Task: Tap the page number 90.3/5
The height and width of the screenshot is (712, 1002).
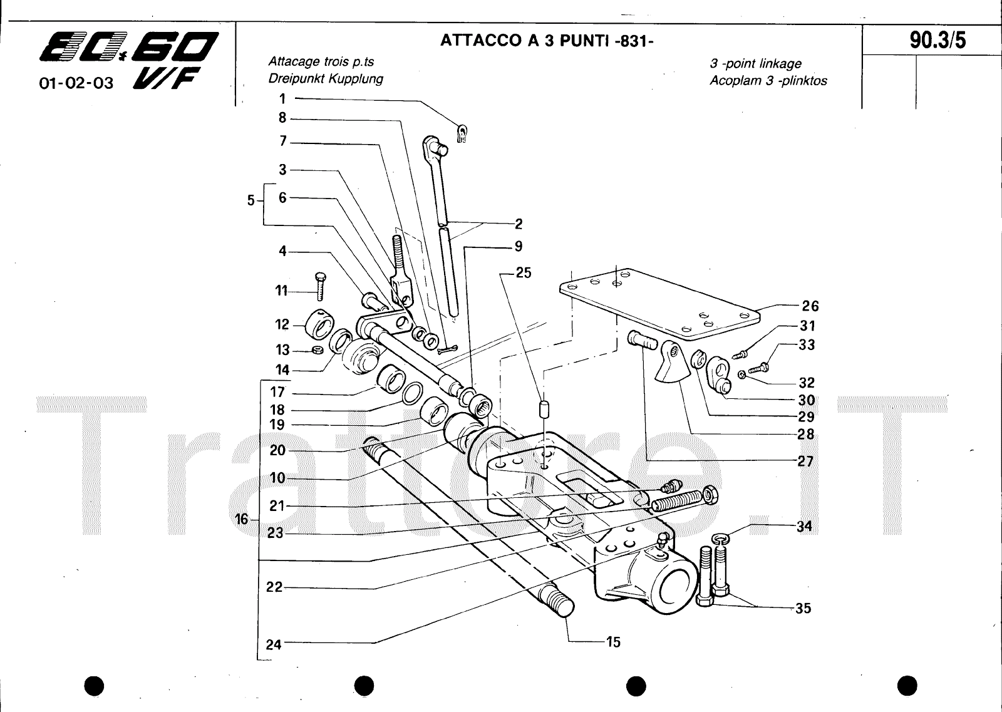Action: (x=937, y=40)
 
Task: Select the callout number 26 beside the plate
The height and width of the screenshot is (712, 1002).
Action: (x=810, y=306)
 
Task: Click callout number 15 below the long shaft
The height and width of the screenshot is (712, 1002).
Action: (x=612, y=642)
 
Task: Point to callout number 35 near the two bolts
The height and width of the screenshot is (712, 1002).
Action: (x=803, y=608)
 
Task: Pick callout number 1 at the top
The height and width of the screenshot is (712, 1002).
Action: (x=282, y=98)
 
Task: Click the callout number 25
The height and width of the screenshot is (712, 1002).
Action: (x=523, y=273)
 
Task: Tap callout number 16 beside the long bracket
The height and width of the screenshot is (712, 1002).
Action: (x=242, y=519)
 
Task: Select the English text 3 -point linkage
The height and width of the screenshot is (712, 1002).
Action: (x=755, y=64)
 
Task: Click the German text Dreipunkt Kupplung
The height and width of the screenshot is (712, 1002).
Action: (x=326, y=79)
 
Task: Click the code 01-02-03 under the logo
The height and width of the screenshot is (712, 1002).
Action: (x=76, y=83)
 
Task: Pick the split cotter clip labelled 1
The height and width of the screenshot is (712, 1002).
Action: (x=462, y=133)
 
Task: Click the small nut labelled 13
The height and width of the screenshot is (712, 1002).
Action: (x=317, y=349)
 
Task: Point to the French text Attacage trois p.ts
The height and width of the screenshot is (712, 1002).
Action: (x=321, y=61)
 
